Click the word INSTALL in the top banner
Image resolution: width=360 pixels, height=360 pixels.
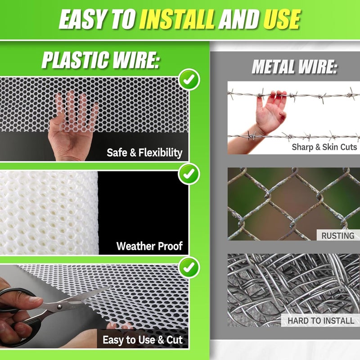tap(177, 19)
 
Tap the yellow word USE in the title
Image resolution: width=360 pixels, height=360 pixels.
tap(282, 19)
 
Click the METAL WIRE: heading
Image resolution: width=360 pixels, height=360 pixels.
tap(294, 67)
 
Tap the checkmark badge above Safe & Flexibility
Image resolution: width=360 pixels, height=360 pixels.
tap(189, 80)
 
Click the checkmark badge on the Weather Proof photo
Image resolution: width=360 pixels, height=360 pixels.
tap(189, 174)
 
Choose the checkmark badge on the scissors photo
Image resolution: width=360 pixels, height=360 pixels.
tap(189, 268)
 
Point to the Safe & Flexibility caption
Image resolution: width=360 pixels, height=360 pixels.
tap(144, 153)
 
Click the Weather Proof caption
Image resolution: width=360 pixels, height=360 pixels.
tap(149, 246)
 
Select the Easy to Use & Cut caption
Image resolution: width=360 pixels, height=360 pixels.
tap(143, 340)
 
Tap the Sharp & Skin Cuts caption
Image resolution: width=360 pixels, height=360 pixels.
tap(324, 147)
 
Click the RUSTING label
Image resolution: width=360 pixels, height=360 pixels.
tap(338, 235)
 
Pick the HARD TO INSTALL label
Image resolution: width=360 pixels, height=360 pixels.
tap(321, 320)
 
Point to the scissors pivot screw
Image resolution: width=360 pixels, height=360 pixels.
tap(60, 307)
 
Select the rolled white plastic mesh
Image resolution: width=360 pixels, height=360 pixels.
tap(49, 213)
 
